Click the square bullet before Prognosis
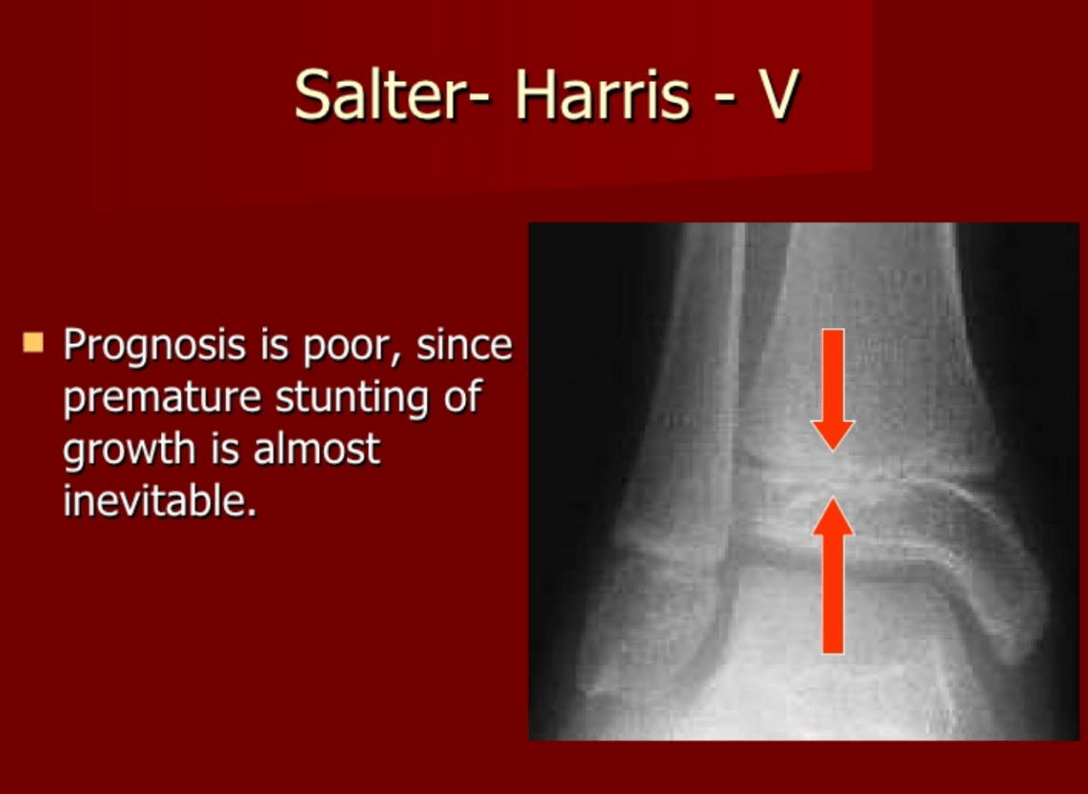pos(33,342)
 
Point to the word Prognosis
pos(154,346)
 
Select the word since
pos(464,344)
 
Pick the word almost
pos(317,449)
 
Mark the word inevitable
pos(160,500)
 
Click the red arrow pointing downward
pos(832,390)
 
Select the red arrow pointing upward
pos(832,575)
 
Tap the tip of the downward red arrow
pos(832,452)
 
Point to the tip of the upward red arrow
pos(832,497)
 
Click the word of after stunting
pos(463,396)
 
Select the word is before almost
pos(225,449)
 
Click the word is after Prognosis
pos(274,345)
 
